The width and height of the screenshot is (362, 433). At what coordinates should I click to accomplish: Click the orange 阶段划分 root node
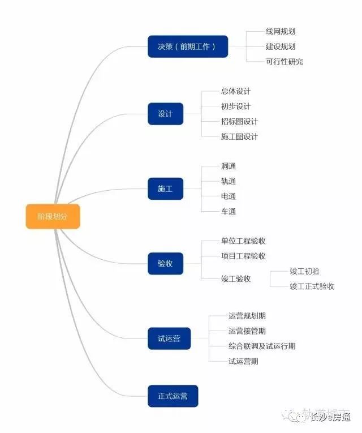tap(53, 216)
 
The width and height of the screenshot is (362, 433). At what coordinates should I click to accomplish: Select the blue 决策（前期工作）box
tap(187, 46)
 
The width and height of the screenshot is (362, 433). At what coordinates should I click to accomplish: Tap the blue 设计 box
tap(165, 114)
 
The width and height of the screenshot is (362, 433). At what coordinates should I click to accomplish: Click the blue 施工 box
tap(165, 188)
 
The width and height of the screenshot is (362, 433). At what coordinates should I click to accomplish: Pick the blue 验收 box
tap(165, 263)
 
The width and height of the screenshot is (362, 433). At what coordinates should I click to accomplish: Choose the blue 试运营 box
tap(169, 338)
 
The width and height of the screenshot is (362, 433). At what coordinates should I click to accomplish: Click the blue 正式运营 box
tap(173, 396)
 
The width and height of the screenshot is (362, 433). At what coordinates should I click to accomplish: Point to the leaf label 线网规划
tap(281, 32)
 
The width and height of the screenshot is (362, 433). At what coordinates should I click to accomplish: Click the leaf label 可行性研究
tap(284, 62)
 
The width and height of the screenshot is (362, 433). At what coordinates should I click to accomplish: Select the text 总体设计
tap(236, 91)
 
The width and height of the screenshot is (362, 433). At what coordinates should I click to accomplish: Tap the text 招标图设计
tap(239, 122)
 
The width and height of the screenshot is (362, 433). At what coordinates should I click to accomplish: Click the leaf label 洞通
tap(229, 166)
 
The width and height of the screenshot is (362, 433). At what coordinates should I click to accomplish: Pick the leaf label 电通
tap(229, 196)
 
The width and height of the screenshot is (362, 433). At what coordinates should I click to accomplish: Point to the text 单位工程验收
tap(243, 241)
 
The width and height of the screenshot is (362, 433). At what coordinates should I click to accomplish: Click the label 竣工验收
tap(236, 278)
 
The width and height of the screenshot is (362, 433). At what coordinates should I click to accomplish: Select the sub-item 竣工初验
tap(304, 271)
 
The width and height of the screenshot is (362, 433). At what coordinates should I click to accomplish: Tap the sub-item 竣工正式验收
tap(312, 286)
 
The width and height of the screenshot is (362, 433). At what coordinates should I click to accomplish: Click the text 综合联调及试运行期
tap(262, 346)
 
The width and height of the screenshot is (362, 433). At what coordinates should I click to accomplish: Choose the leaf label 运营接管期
tap(247, 331)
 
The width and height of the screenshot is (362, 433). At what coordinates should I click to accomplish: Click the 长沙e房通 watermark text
tap(330, 418)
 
